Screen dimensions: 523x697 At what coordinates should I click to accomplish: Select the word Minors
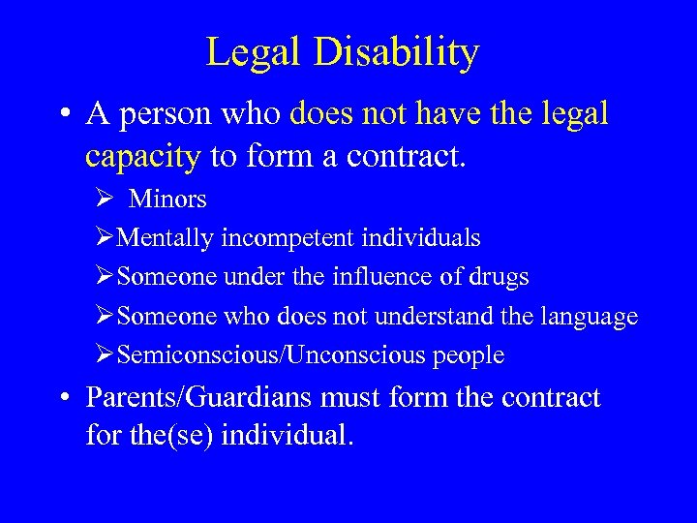click(x=167, y=200)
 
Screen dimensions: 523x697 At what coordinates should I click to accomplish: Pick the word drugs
click(x=498, y=277)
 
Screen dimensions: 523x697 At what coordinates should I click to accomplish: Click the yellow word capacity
click(x=142, y=156)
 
